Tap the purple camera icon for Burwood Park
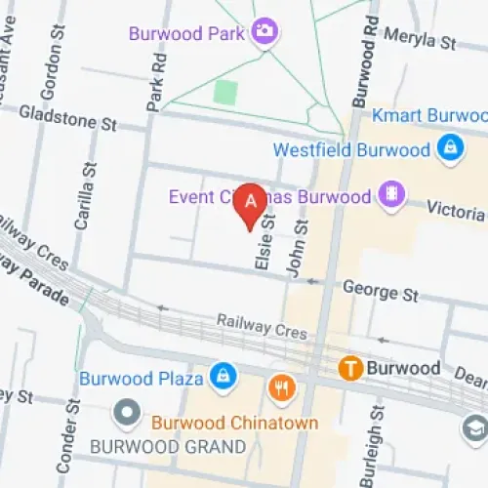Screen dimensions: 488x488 tap(264, 32)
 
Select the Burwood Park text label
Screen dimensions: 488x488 tap(186, 33)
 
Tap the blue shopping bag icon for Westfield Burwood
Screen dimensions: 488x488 tap(450, 149)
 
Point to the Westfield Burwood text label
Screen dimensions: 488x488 tap(351, 150)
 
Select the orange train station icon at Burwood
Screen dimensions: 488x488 tap(350, 368)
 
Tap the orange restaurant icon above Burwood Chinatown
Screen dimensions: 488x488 tap(283, 388)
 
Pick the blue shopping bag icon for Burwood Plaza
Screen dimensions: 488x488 tap(224, 376)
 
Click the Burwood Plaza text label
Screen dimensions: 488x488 tap(141, 378)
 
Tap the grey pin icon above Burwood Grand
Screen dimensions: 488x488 tap(127, 414)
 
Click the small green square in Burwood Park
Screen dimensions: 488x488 tap(225, 93)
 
